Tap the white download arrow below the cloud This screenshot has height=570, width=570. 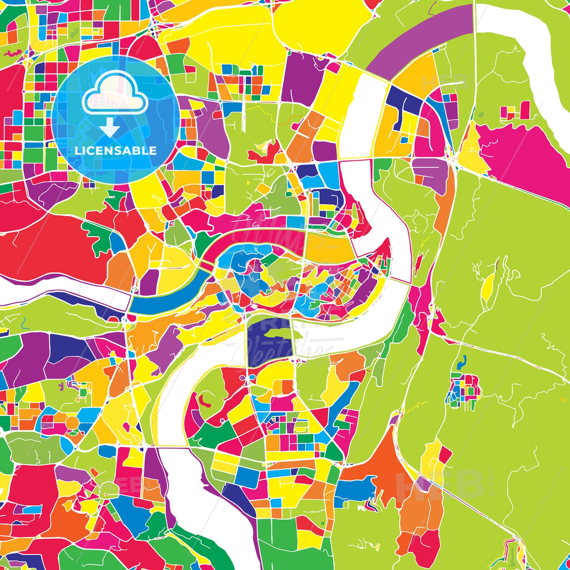point(110,129)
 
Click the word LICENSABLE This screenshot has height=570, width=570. point(116,151)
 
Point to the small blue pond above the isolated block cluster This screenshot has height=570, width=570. point(460,362)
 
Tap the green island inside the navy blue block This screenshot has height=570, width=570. point(277,334)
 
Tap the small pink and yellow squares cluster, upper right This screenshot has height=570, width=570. point(515,111)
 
